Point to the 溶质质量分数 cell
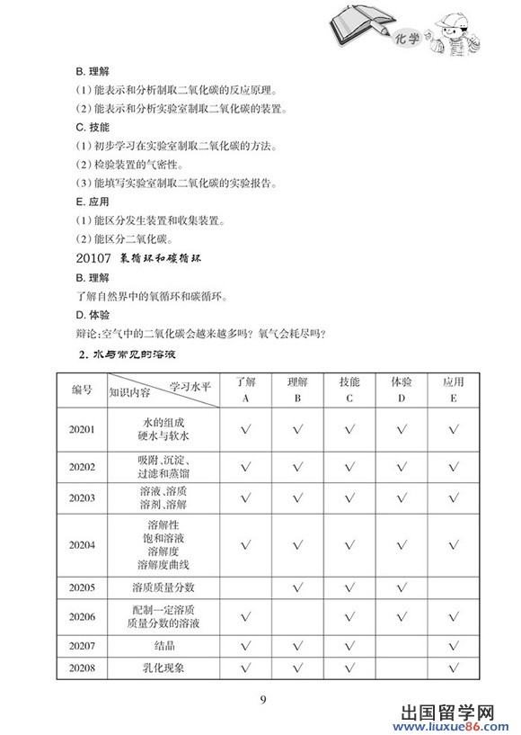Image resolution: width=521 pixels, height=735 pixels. tap(163, 587)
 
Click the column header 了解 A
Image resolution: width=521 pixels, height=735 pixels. tap(245, 390)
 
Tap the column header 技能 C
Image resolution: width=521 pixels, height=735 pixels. tap(349, 390)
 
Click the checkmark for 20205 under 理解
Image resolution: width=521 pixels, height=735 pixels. tap(297, 587)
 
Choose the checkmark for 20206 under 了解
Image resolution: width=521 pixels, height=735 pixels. tap(245, 617)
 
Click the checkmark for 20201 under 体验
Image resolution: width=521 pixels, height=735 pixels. tap(402, 429)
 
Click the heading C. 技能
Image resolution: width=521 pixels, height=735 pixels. tap(93, 126)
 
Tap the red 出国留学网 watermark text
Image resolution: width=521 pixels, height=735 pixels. tap(441, 707)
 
